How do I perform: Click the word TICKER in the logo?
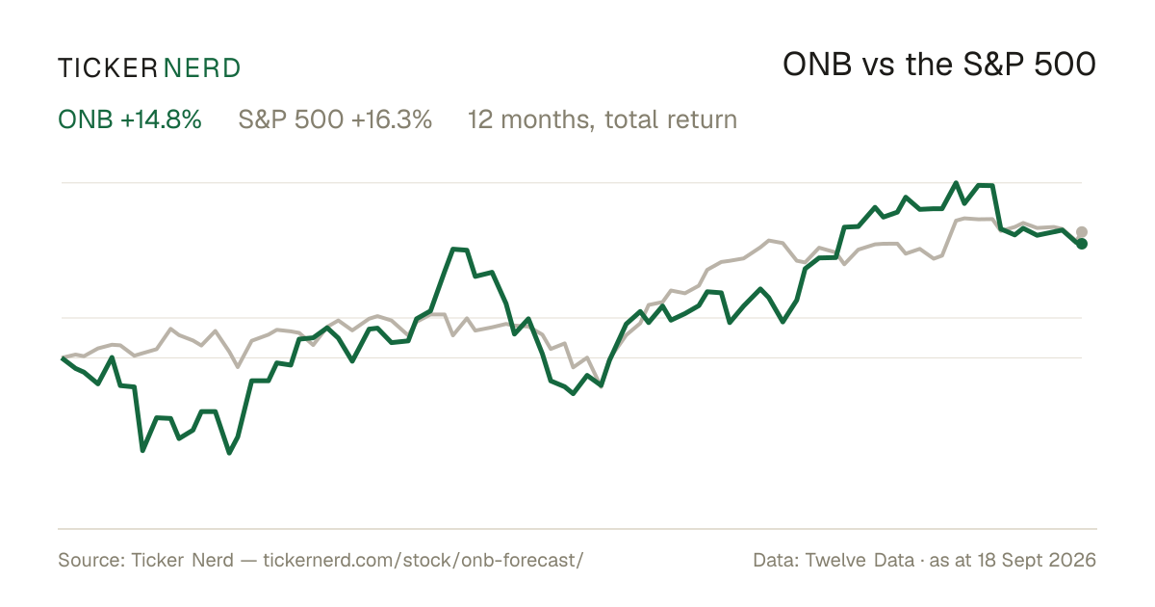tap(108, 68)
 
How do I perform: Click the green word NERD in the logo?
tap(202, 68)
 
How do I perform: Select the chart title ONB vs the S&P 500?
tap(939, 65)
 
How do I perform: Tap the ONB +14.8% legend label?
tap(129, 119)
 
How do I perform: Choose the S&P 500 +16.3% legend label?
tap(335, 119)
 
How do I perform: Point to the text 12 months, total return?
tap(603, 119)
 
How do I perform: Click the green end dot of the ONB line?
tap(1082, 244)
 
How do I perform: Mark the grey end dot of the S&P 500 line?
tap(1082, 232)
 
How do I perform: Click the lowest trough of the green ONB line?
tap(229, 453)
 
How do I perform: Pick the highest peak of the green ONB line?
tap(956, 183)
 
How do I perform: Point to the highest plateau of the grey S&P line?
tap(974, 219)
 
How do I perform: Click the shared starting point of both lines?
tap(62, 357)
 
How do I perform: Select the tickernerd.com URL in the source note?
tap(423, 560)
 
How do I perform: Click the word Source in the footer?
tap(90, 560)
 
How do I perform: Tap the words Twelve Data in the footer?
tap(860, 560)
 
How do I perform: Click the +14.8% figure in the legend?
tap(161, 119)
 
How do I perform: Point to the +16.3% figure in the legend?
tap(392, 119)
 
